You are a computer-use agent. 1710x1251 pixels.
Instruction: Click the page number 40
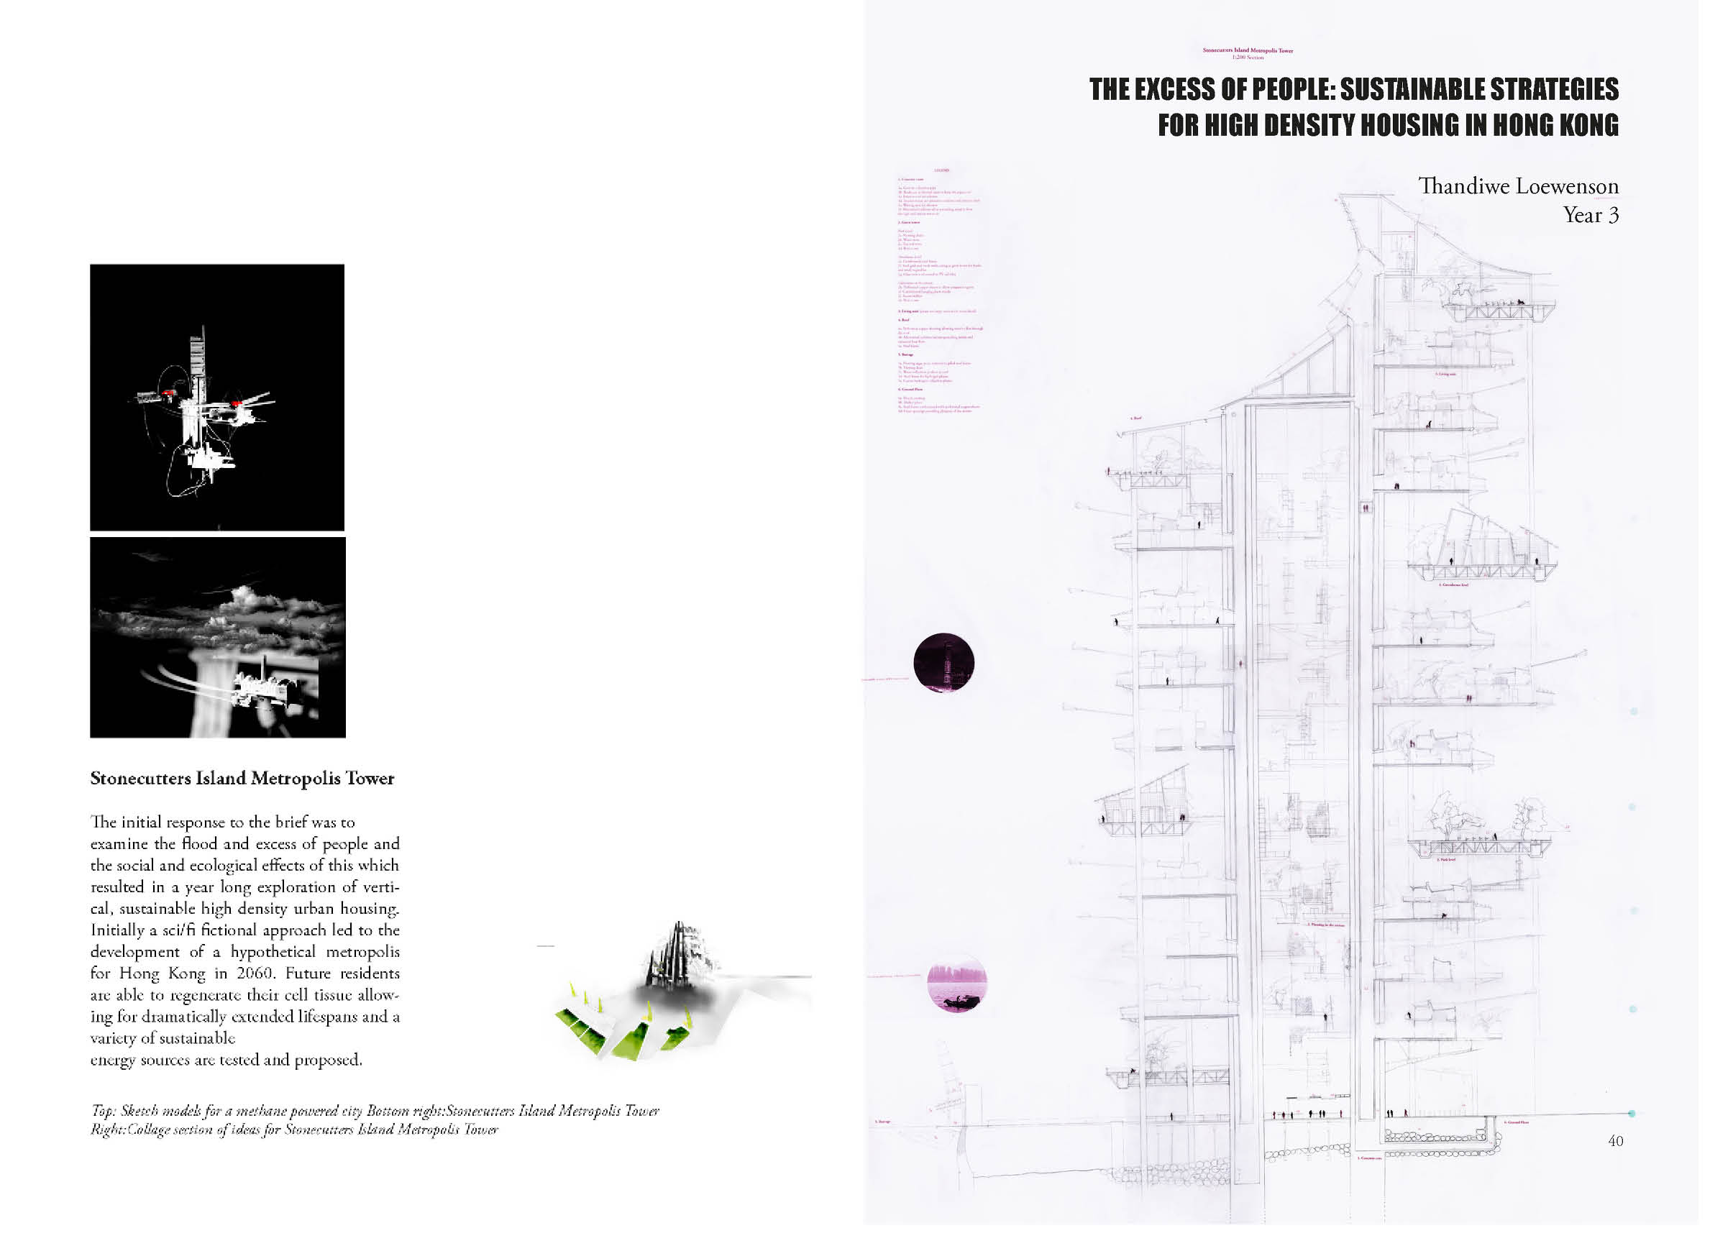[1614, 1140]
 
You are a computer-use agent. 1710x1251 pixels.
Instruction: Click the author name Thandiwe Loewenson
[1518, 186]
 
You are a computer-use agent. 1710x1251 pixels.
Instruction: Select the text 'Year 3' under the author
[1591, 216]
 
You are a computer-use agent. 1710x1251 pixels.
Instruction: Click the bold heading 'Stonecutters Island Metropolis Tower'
[242, 779]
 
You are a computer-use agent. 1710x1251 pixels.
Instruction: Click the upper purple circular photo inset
[943, 663]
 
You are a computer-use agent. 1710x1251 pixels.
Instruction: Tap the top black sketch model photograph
[217, 398]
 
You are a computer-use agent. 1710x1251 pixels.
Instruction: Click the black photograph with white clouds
[218, 638]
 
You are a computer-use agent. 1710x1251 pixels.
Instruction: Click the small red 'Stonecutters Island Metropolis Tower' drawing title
[1248, 51]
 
